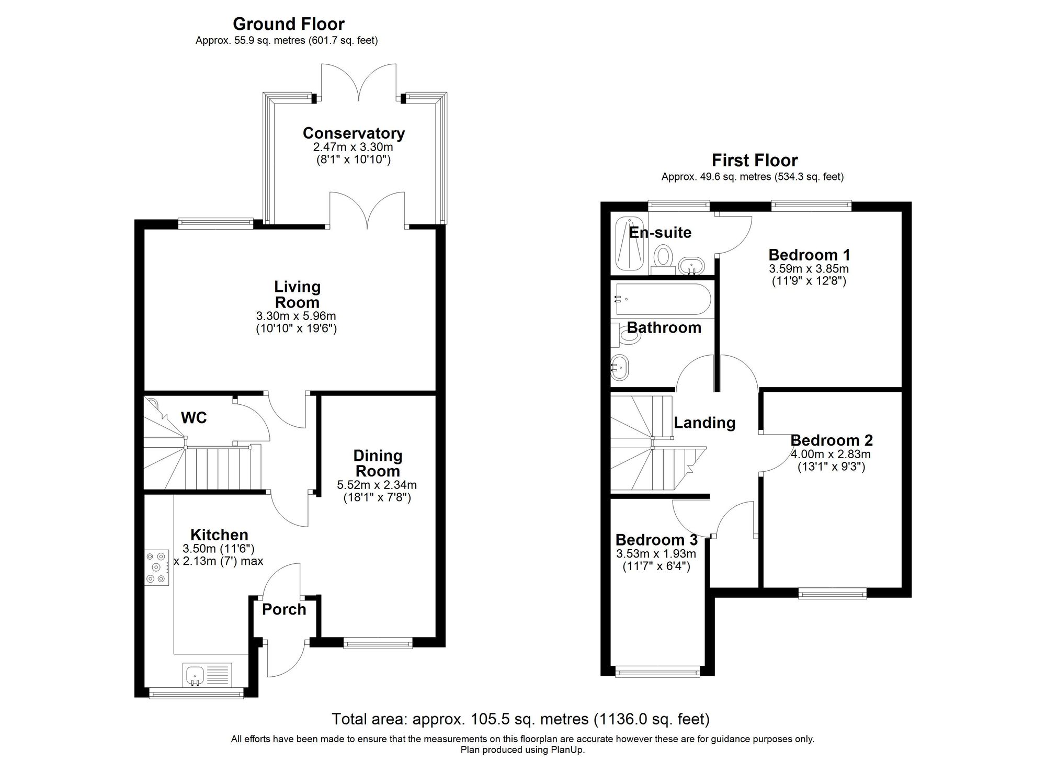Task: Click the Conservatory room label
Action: tap(354, 133)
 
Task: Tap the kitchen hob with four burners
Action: tap(157, 567)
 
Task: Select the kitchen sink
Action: tap(195, 675)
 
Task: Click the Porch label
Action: tap(284, 609)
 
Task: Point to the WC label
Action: tap(194, 417)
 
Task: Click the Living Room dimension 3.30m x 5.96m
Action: tap(296, 316)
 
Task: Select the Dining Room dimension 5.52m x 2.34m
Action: tap(377, 485)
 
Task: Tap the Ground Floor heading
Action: tap(288, 24)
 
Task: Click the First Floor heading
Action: tap(754, 160)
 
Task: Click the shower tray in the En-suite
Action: tap(629, 244)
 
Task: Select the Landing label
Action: tap(704, 423)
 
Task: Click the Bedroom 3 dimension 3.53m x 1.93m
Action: tap(656, 554)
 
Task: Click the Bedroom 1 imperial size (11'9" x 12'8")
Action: tap(809, 281)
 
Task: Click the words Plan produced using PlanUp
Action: tap(522, 750)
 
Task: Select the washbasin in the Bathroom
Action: tap(620, 368)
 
